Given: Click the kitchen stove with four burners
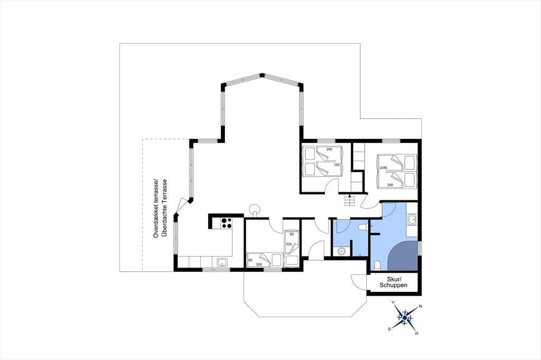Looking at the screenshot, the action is (226, 223).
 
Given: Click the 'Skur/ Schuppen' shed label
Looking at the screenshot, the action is (393, 282).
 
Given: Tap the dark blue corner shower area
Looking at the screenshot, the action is (403, 256).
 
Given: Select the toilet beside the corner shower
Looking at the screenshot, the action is (378, 266).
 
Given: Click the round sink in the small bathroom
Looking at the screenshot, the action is (342, 251).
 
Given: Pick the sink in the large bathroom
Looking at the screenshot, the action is (412, 219).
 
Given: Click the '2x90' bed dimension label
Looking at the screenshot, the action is (384, 167).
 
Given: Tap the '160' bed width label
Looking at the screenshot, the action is (337, 165).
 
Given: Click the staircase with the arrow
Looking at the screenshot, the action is (350, 200).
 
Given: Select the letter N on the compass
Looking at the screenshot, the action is (420, 306).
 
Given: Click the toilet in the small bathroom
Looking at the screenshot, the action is (362, 226).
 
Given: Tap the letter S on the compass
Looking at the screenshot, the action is (389, 329).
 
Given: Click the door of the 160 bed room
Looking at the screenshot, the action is (332, 185).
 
